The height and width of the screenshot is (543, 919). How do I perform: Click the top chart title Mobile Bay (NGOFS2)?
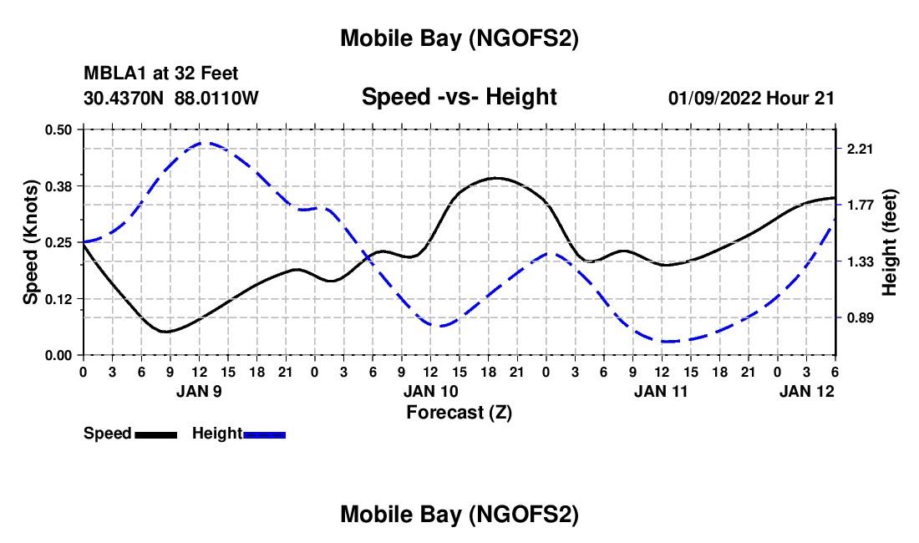click(459, 38)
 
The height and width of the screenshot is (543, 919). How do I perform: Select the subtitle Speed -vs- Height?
click(459, 97)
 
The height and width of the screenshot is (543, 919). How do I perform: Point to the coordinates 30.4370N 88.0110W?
click(171, 98)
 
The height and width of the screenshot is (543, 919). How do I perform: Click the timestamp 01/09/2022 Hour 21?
click(751, 98)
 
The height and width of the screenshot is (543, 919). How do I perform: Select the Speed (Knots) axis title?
click(31, 242)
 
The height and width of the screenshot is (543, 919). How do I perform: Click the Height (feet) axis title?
click(890, 241)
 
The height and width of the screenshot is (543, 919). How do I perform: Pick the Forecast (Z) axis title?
click(459, 412)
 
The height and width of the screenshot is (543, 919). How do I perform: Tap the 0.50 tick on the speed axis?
click(60, 129)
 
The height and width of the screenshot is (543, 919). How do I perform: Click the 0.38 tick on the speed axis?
click(60, 185)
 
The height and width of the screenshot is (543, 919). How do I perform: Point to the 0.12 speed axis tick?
click(60, 298)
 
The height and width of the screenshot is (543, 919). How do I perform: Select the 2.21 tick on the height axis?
click(860, 149)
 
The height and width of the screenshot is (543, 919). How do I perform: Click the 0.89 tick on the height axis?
click(860, 317)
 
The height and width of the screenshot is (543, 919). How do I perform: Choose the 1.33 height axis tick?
click(860, 261)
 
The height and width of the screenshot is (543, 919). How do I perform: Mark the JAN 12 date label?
click(807, 390)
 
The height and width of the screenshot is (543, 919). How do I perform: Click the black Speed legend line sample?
click(155, 434)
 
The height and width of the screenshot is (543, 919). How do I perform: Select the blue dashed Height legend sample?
click(264, 434)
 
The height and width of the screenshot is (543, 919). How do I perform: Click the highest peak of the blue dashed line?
click(203, 143)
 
